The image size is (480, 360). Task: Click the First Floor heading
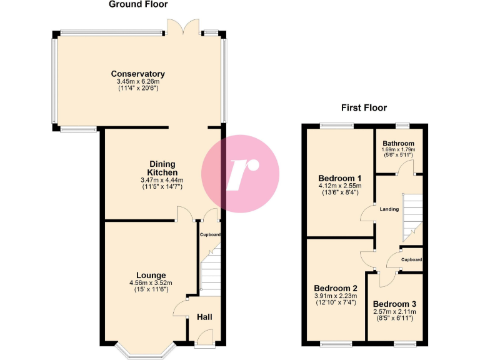click(364, 107)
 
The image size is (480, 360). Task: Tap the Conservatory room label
click(138, 74)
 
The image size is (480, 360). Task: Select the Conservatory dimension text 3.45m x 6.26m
click(138, 82)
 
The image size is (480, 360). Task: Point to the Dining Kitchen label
click(162, 168)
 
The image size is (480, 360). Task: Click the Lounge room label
click(152, 275)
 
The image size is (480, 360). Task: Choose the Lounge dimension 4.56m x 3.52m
click(152, 283)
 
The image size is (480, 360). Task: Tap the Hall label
click(204, 317)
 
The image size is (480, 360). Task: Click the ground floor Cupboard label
click(210, 235)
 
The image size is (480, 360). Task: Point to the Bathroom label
click(399, 143)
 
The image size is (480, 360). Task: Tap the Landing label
click(389, 209)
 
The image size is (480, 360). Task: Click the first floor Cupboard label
click(411, 259)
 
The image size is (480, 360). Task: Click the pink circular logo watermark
click(241, 172)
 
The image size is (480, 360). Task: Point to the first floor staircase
click(412, 216)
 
